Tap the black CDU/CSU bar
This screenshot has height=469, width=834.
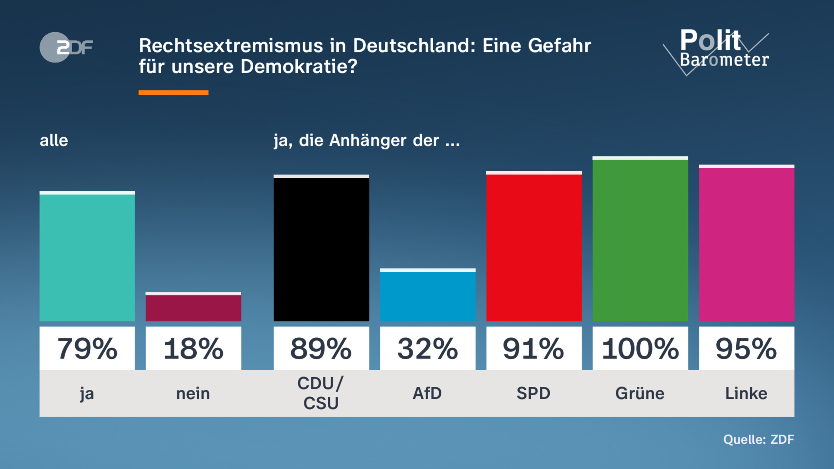321,248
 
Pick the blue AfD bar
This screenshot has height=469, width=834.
427,295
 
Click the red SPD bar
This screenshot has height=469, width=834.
534,247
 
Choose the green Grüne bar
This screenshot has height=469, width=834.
640,240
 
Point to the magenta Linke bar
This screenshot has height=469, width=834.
746,243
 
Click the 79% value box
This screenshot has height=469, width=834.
87,348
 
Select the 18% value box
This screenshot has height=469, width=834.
193,348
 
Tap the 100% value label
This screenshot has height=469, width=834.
640,348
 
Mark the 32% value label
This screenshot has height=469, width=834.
427,348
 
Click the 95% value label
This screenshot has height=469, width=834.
746,348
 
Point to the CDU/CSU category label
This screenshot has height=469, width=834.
321,393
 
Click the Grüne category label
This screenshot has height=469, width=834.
640,394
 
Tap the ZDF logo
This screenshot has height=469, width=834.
66,47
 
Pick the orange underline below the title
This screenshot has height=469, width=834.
173,93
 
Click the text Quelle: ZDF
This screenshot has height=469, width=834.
759,439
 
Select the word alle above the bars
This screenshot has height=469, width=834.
54,140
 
